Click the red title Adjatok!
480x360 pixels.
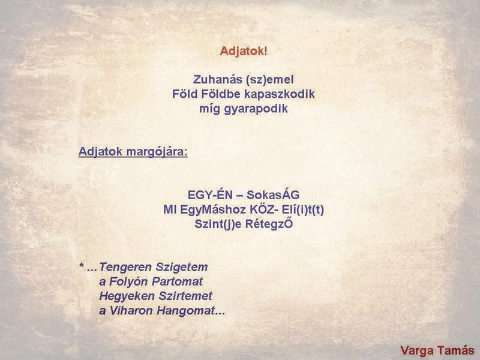coord(244,51)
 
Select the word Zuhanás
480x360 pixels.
coord(214,79)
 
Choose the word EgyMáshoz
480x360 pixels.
coord(207,209)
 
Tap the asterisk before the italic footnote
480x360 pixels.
coord(81,266)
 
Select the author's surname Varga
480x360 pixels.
coord(418,350)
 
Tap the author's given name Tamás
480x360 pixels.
coord(457,350)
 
